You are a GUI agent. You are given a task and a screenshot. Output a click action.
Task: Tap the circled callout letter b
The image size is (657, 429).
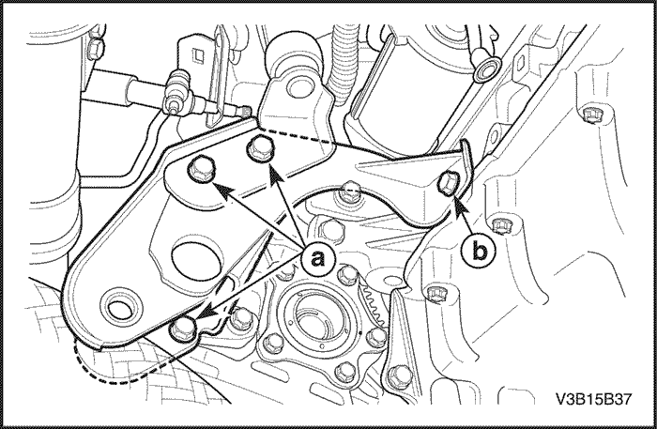pyautogui.click(x=478, y=252)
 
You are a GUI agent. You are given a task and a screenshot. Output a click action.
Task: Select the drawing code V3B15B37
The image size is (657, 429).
pyautogui.click(x=593, y=399)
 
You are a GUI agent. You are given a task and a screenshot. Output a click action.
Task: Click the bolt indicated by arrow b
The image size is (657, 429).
pyautogui.click(x=449, y=184)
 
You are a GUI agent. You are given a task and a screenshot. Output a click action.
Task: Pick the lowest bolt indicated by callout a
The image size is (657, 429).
pyautogui.click(x=183, y=329)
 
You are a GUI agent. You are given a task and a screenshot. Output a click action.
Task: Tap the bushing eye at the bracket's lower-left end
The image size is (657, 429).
pyautogui.click(x=119, y=308)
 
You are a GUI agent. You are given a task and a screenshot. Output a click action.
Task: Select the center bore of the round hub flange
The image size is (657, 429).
pyautogui.click(x=311, y=316)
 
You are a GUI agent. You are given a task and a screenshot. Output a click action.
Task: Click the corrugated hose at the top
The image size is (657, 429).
pyautogui.click(x=345, y=63)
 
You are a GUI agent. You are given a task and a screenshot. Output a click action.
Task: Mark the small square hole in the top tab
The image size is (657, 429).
pyautogui.click(x=198, y=54)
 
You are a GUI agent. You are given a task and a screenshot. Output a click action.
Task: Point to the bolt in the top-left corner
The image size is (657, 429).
pyautogui.click(x=97, y=49)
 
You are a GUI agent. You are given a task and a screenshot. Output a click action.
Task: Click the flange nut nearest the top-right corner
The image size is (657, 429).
pyautogui.click(x=591, y=115)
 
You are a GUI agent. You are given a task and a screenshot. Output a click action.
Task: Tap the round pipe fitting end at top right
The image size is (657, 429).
pyautogui.click(x=490, y=68)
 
